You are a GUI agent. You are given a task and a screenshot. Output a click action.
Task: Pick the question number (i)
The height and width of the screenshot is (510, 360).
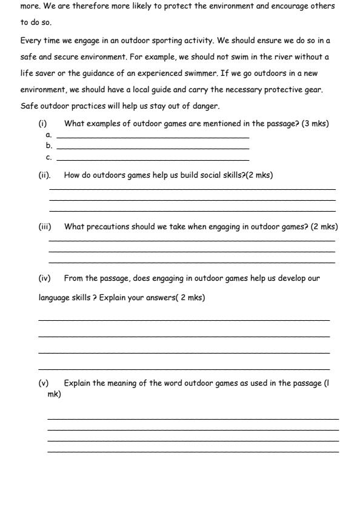pos(42,124)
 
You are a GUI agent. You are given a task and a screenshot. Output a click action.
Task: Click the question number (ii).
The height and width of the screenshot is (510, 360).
pos(44,175)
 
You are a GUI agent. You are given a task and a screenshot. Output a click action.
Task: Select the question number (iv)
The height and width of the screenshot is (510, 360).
pos(45,278)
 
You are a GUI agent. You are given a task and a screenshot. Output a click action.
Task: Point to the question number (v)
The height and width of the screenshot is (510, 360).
pos(44,383)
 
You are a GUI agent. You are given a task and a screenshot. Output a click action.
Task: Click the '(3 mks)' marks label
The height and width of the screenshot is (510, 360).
pos(315,124)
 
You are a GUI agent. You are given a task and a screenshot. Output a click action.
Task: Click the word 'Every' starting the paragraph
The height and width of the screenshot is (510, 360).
pos(30,41)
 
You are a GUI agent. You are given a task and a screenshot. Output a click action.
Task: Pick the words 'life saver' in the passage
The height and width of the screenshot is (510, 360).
pos(38,73)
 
